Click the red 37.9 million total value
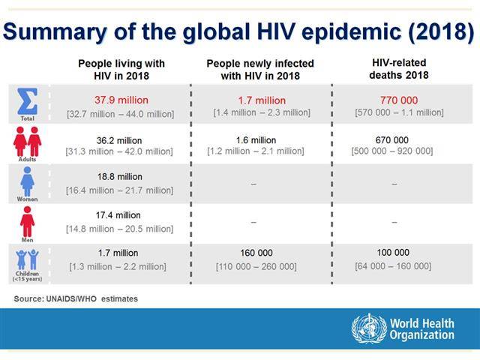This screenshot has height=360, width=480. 121,100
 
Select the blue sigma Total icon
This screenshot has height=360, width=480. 28,101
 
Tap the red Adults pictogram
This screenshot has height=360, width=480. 27,142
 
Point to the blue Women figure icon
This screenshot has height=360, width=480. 27,181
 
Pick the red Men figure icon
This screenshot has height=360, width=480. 27,222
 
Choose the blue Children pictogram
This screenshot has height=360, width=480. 27,259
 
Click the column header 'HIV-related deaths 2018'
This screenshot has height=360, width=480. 399,69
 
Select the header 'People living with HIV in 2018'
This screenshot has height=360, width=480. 121,70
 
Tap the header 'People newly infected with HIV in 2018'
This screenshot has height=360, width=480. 260,70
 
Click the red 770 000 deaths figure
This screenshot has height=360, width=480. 399,100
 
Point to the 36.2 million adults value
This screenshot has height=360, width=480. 119,140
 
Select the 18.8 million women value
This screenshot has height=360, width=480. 120,177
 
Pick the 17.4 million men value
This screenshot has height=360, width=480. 118,215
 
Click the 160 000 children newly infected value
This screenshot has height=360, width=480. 256,253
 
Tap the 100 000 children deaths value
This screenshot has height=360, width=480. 393,253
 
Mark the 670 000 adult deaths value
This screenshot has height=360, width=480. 391,140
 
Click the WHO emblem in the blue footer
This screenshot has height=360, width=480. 369,328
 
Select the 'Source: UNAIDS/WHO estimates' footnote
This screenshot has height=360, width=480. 76,298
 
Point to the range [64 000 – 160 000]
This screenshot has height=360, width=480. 393,266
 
